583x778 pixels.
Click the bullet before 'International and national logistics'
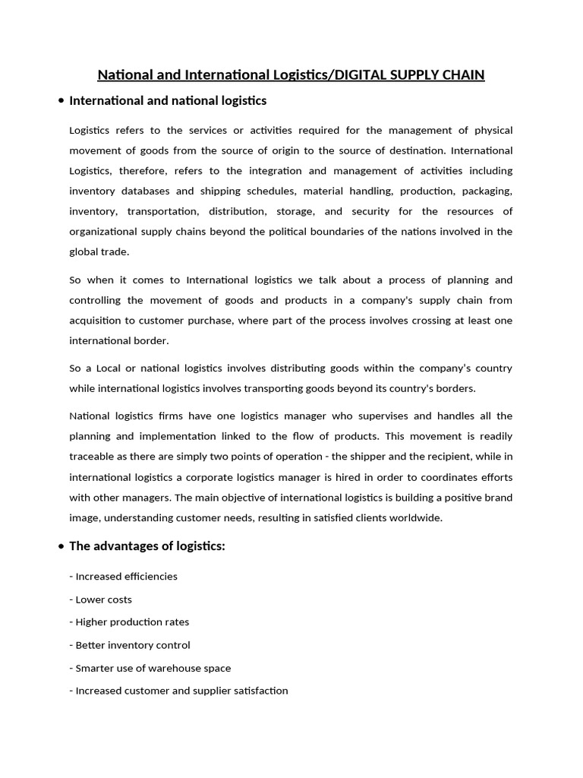(x=61, y=101)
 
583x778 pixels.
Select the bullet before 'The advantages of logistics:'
(x=61, y=546)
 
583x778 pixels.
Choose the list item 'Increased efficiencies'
(x=123, y=577)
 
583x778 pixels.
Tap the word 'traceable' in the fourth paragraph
(x=91, y=457)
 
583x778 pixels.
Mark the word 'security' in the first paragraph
(x=377, y=211)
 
